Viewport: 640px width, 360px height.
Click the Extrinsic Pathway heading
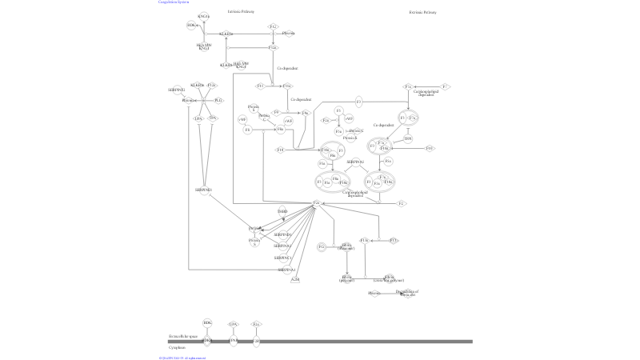tap(422, 13)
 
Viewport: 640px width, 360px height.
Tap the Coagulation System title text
tap(174, 2)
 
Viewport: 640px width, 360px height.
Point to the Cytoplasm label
tap(177, 348)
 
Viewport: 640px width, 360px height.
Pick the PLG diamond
tap(219, 100)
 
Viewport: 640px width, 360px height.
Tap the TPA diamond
tap(213, 118)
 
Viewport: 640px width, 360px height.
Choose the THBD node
tap(282, 212)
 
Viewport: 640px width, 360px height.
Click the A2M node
tap(295, 279)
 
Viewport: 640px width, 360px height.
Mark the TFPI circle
tap(408, 139)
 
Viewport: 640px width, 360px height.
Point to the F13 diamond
tap(393, 240)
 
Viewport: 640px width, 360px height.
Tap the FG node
tap(322, 247)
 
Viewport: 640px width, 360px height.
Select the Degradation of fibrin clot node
tap(413, 293)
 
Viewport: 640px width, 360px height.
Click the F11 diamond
tap(260, 86)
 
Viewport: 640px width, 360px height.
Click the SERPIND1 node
tap(282, 234)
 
